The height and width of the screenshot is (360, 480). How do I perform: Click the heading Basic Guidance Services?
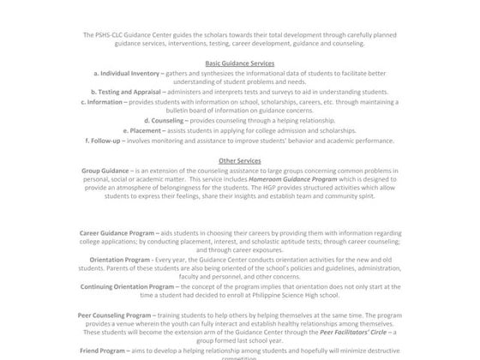[239, 64]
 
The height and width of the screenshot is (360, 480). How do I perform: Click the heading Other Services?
[239, 160]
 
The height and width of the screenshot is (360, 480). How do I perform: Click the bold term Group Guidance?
[105, 171]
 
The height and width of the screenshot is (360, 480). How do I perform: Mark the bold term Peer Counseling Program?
[117, 316]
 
